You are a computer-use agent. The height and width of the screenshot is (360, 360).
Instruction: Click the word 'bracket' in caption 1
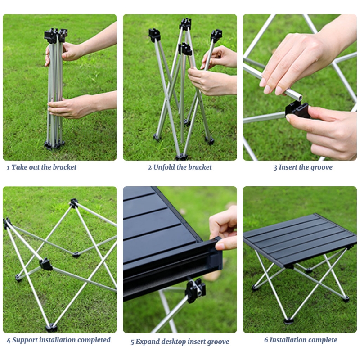coord(64,167)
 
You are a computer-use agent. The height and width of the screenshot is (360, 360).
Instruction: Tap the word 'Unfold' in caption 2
coord(163,167)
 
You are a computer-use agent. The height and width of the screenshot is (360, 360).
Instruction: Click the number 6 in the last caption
coord(266,340)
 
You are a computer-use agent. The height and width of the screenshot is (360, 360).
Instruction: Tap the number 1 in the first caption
coord(8,167)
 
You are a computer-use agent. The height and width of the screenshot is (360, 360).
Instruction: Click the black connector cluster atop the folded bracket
coord(56,35)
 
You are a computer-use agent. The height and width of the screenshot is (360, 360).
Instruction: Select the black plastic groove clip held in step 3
coord(297,110)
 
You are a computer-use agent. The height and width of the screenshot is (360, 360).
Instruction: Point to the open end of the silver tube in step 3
coord(299,98)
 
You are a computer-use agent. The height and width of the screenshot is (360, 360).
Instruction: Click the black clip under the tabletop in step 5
coord(195,290)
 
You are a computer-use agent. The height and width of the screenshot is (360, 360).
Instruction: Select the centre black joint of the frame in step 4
coord(46,264)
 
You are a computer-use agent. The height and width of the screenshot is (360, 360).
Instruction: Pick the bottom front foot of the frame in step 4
coord(51,327)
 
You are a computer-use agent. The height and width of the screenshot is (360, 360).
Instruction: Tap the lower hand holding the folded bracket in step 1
coord(69,106)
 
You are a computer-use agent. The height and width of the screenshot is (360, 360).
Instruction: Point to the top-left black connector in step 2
coord(154,35)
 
